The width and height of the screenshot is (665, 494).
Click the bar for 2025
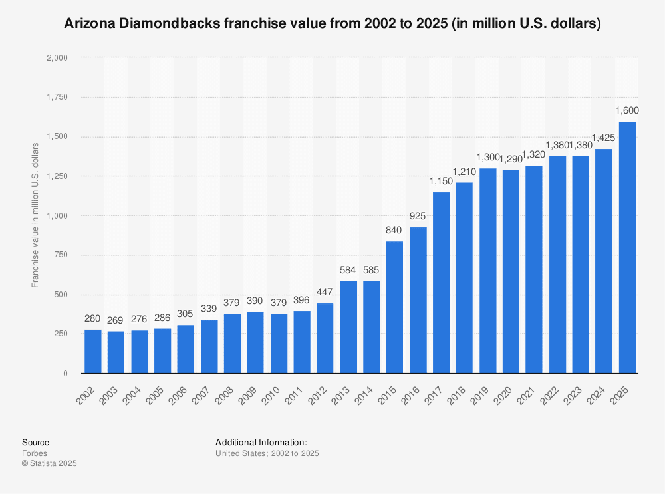point(627,247)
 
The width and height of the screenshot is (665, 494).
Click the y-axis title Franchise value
point(35,214)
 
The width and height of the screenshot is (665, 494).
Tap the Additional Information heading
point(261,442)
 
